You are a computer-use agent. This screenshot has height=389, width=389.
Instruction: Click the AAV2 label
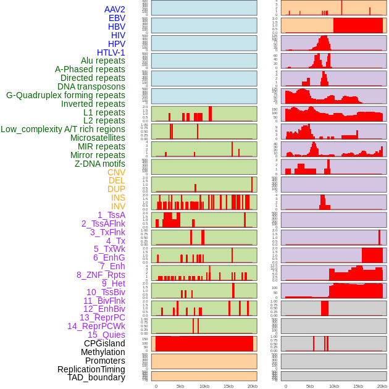coord(115,9)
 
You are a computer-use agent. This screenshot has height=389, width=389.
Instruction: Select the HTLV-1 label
coord(111,52)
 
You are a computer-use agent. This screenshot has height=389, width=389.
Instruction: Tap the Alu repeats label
coord(103,61)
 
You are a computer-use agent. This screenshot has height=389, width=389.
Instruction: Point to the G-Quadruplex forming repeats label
coord(65,95)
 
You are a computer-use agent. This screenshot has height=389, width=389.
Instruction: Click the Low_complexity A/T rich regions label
coord(63,129)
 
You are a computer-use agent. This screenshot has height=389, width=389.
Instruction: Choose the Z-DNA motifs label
coord(100,164)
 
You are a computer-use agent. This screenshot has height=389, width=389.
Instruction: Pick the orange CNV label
coord(116,172)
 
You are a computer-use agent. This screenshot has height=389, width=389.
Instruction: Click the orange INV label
coord(118,206)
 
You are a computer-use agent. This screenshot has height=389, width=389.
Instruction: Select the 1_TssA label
coord(111,215)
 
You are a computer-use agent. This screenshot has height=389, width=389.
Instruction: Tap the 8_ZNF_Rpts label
coord(101,275)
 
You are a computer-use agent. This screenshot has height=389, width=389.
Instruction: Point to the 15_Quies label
coord(106,335)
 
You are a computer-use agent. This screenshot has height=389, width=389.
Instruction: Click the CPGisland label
coord(104,343)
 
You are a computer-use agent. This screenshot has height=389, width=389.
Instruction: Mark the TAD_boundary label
coord(96,377)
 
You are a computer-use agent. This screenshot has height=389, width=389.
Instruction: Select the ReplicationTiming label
coord(91,369)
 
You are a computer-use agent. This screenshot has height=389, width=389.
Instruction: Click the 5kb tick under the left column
coord(180,386)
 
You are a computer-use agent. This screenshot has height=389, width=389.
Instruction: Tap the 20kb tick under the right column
coord(382,386)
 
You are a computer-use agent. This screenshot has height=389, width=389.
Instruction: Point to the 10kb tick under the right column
coord(334,386)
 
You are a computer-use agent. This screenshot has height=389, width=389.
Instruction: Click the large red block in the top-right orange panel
coord(358,25)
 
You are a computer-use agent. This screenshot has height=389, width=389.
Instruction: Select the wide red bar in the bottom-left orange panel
coord(204,343)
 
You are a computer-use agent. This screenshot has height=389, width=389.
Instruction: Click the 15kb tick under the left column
coord(228,386)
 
